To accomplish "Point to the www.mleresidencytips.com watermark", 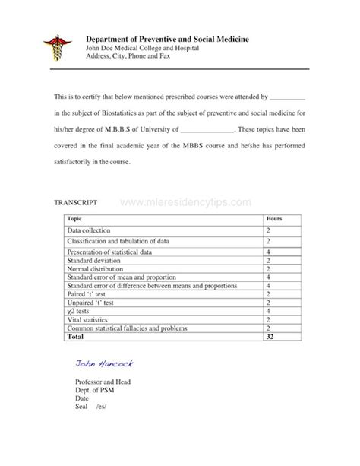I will pos(185,203).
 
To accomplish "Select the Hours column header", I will pos(274,219).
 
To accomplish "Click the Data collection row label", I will pos(89,230).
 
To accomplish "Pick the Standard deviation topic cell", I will pos(95,260).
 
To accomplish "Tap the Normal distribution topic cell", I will pos(96,268).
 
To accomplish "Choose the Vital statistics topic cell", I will pos(88,320).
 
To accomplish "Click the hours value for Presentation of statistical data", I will pos(269,252).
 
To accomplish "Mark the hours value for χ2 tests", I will pos(269,312).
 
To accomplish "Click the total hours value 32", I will pos(270,336).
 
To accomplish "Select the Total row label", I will pos(75,336).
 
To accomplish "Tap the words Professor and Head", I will pos(102,382).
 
